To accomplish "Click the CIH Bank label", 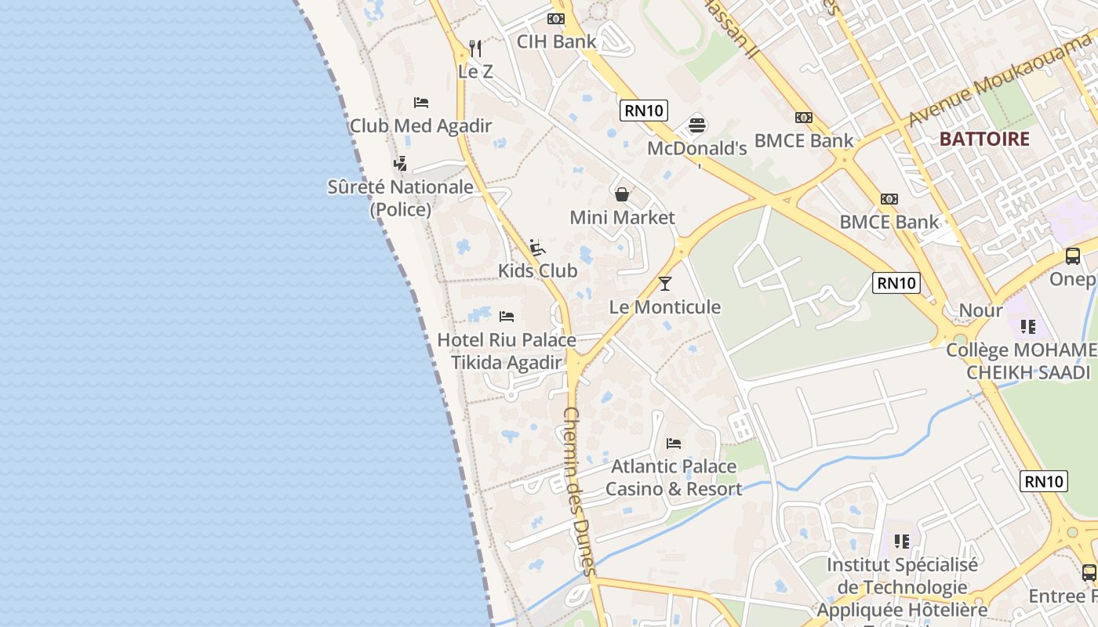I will coord(556,42).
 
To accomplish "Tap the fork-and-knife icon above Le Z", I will coord(475,49).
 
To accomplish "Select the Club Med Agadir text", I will coord(420,125).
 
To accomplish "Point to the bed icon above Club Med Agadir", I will coord(421,103).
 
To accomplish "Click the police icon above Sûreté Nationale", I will coord(401,163).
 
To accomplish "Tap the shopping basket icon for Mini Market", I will coord(622,194).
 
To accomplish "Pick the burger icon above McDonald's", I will coord(697,125).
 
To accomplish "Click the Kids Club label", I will coord(537,270).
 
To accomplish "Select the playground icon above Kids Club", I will coord(537,248).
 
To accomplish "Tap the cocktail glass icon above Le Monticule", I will coord(665,284).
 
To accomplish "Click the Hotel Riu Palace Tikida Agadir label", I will coord(507,351).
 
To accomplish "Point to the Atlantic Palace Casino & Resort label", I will coord(674,477).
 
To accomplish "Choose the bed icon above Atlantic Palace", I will coord(674,444).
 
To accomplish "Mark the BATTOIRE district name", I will coord(984,140).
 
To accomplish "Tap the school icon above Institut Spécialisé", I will coord(902,541).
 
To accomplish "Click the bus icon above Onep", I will coord(1072,256).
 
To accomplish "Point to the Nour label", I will coord(980,310).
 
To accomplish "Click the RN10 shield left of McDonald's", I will coord(644,111).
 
